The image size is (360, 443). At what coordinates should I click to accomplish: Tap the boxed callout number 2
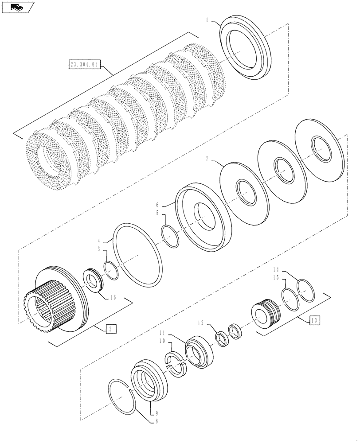pyautogui.click(x=111, y=328)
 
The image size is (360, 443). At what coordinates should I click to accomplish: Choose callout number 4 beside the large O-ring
pyautogui.click(x=100, y=241)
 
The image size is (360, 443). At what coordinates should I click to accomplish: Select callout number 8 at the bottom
pyautogui.click(x=141, y=420)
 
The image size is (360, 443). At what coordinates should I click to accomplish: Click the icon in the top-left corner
pyautogui.click(x=18, y=7)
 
